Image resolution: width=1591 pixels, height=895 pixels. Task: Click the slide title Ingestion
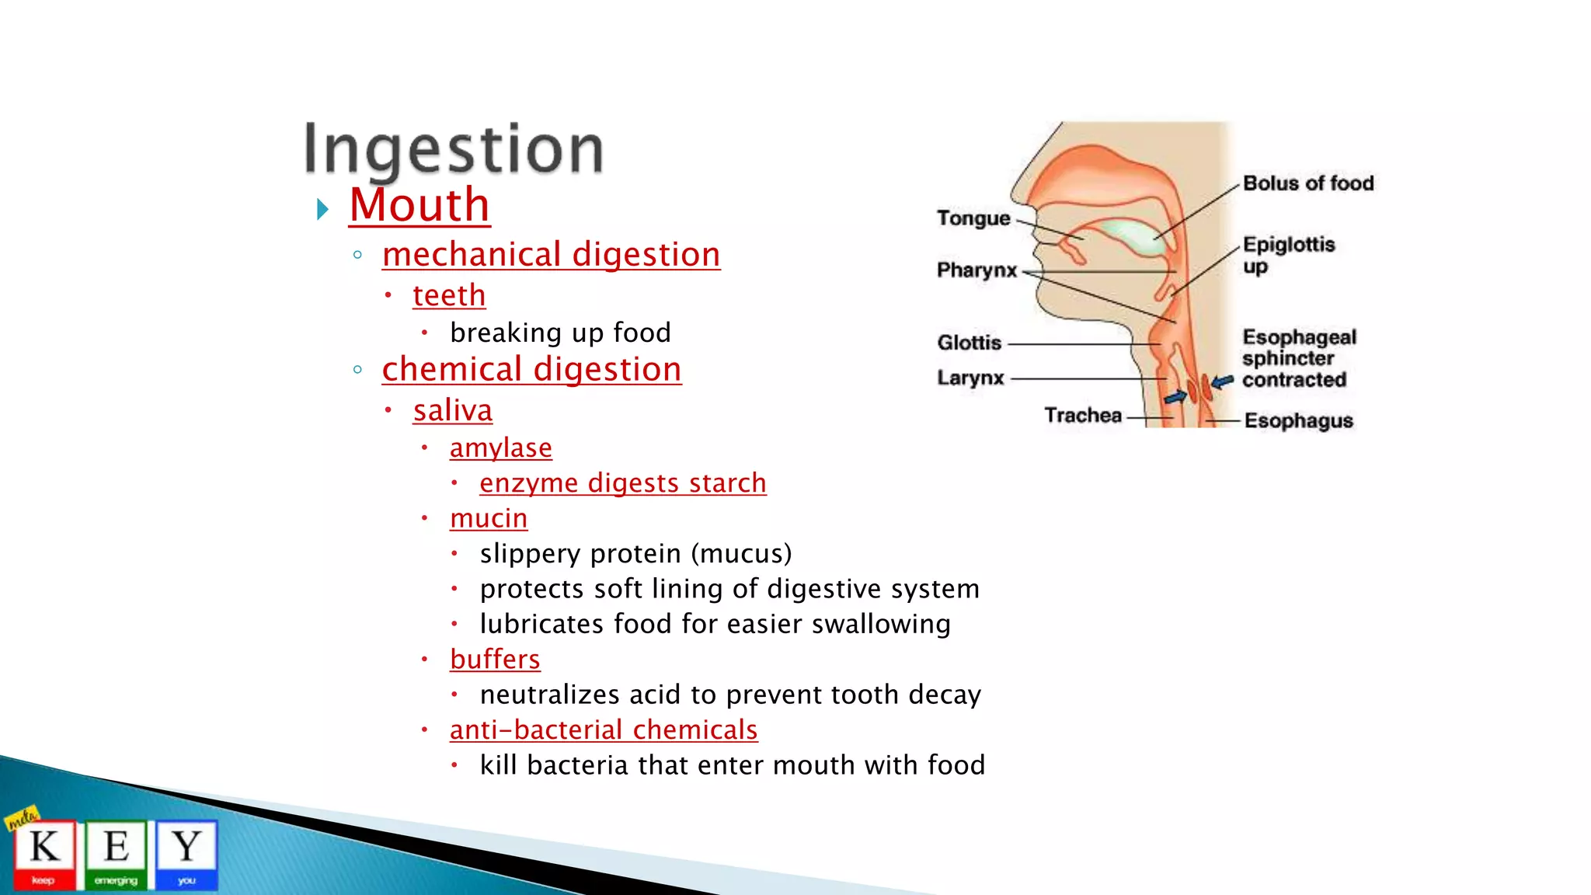(x=453, y=149)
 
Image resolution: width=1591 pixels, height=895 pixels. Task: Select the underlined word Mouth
(x=420, y=205)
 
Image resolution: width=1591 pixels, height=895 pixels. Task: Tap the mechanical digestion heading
(x=551, y=255)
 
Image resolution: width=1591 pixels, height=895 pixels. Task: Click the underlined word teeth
(x=449, y=296)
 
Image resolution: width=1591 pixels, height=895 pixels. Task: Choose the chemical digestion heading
(x=531, y=370)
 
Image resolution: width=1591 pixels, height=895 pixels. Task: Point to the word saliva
(x=452, y=411)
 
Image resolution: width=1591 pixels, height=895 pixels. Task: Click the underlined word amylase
(x=500, y=448)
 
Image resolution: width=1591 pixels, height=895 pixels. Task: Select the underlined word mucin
(x=488, y=518)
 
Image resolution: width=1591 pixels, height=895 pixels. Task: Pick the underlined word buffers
(x=495, y=660)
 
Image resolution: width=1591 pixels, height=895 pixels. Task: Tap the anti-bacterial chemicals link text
(x=604, y=730)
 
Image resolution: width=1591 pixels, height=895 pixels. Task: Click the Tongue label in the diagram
(x=973, y=218)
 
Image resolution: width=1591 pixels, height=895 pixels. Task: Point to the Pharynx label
(x=977, y=270)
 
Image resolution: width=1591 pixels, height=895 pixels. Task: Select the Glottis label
(x=969, y=343)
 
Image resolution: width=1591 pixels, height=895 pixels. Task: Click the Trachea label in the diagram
(x=1082, y=416)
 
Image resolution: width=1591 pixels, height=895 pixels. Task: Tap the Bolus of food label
(x=1308, y=183)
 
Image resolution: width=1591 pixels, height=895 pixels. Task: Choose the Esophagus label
(x=1298, y=421)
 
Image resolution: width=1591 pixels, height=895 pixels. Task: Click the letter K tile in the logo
(x=45, y=853)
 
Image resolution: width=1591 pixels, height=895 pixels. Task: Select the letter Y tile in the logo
(x=186, y=853)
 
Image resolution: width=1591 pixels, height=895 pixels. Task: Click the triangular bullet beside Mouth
(x=322, y=209)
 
